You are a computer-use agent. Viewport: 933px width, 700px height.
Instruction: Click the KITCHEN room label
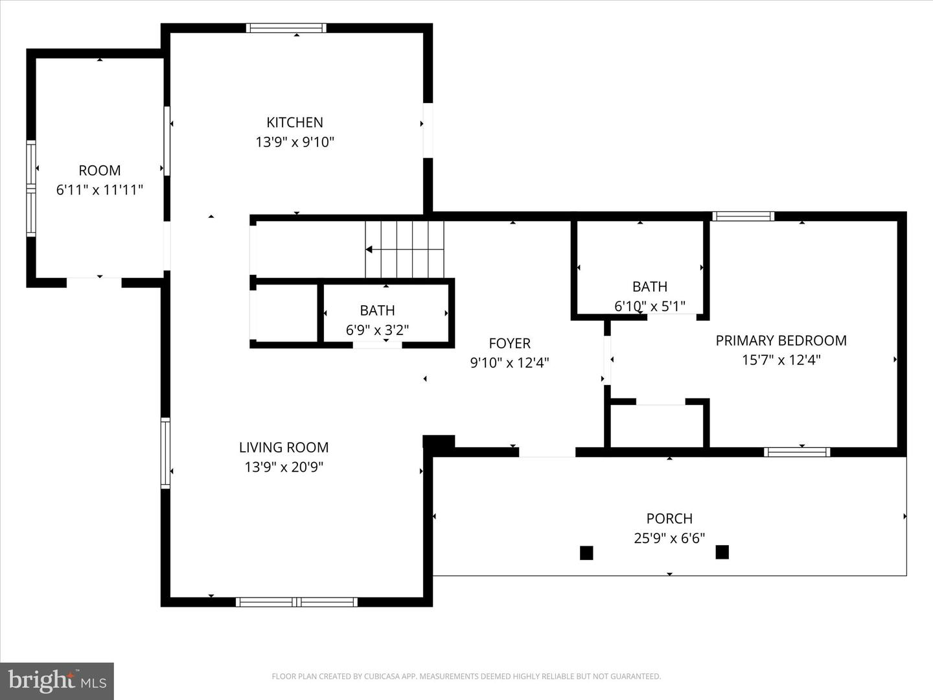[295, 122]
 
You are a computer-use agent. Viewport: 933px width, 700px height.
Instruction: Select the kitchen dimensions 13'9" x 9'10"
[295, 142]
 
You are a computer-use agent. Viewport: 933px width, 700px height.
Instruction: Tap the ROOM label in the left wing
[99, 170]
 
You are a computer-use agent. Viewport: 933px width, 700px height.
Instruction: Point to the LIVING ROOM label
[284, 447]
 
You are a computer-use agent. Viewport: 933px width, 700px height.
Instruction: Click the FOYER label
[509, 344]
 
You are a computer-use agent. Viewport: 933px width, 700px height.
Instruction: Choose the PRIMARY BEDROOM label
[781, 340]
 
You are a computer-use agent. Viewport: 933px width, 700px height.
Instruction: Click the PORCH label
[669, 519]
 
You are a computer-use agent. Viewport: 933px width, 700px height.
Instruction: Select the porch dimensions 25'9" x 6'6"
[669, 538]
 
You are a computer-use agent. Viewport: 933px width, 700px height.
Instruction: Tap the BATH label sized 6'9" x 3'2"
[377, 310]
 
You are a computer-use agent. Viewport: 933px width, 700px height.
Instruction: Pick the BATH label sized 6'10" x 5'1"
[650, 286]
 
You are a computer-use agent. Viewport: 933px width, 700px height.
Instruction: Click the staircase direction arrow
[369, 250]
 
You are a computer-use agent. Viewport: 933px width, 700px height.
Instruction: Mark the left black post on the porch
[586, 553]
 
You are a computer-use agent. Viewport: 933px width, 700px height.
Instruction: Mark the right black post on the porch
[722, 552]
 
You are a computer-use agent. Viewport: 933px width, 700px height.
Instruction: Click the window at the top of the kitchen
[286, 28]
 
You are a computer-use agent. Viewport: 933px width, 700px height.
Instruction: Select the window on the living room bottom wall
[297, 602]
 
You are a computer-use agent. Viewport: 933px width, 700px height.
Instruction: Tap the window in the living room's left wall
[165, 453]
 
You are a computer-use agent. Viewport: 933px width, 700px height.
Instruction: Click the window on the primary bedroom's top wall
[743, 216]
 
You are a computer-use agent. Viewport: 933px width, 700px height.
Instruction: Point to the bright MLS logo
[57, 681]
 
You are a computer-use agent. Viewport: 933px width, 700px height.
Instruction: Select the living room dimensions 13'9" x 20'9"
[284, 467]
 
